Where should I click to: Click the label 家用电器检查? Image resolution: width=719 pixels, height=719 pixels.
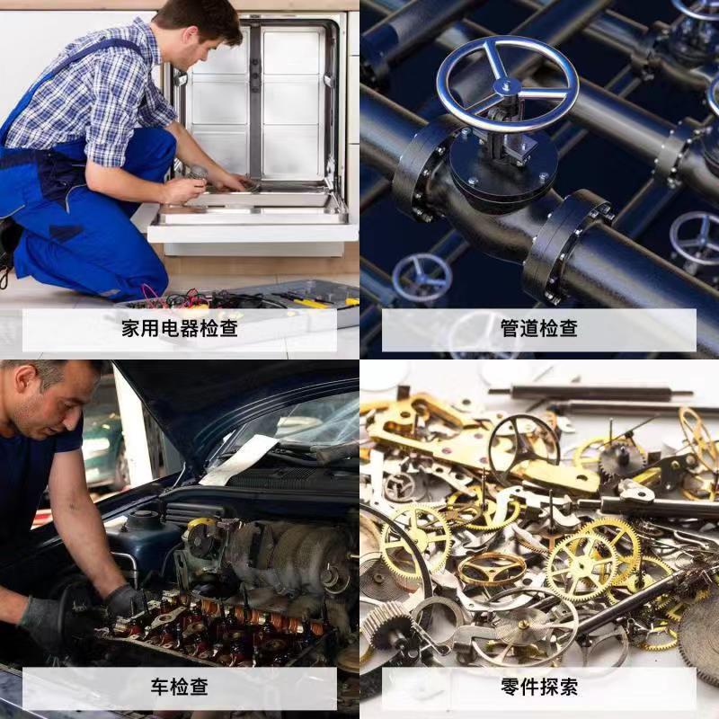point(180,329)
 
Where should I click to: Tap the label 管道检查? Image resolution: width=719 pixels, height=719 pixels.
point(538,329)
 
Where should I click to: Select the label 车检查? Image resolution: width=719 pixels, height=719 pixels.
point(180,688)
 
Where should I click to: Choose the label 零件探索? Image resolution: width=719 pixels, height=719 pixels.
point(538,688)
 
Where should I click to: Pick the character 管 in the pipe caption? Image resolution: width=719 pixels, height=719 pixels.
point(510,329)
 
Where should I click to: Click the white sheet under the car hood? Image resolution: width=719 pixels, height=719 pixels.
point(243,458)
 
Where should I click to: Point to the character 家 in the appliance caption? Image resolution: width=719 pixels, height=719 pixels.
point(131,329)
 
